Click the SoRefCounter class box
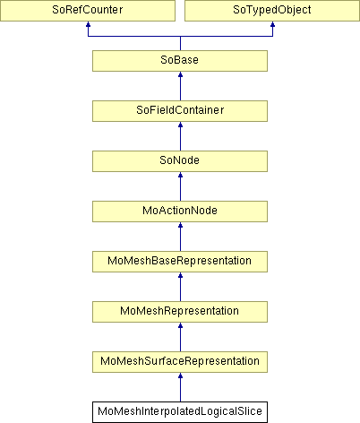click(x=88, y=11)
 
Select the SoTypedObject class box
click(x=272, y=11)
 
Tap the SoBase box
click(x=180, y=61)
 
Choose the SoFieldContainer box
click(x=180, y=111)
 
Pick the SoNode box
click(x=180, y=161)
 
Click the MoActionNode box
click(x=180, y=211)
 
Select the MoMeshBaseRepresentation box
click(x=180, y=262)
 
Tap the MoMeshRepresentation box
click(x=180, y=312)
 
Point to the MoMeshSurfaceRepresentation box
click(x=180, y=362)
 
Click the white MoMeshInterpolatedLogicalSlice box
click(x=180, y=412)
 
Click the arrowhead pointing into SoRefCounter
click(x=88, y=24)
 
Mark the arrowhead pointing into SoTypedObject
click(x=272, y=24)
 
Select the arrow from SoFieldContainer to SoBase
click(x=180, y=86)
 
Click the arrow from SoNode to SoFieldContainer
click(x=180, y=136)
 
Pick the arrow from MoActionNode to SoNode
click(x=180, y=186)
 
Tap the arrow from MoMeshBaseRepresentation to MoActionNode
click(x=180, y=237)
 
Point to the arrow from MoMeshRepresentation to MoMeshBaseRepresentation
click(x=180, y=287)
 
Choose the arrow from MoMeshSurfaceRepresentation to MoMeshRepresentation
click(x=180, y=337)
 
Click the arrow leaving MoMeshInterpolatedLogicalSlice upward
click(x=180, y=387)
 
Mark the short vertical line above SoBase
click(x=180, y=43)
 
